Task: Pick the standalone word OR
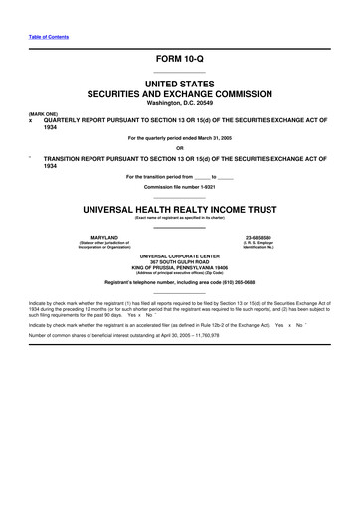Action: pos(179,149)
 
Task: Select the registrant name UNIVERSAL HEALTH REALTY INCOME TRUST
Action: pos(179,211)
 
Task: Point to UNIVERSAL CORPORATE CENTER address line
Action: pos(179,256)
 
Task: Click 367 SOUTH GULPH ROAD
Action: pos(179,262)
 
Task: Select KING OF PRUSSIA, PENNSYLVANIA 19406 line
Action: pos(179,268)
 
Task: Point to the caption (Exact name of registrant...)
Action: pos(179,219)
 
